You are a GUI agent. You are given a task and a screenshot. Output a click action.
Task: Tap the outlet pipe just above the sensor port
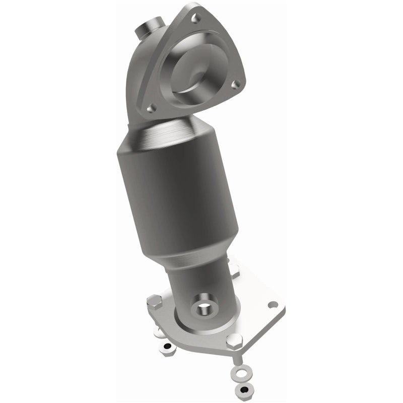click(201, 282)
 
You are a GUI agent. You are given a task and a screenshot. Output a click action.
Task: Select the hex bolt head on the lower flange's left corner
click(155, 303)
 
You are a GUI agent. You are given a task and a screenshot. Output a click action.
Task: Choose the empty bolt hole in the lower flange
click(273, 305)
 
